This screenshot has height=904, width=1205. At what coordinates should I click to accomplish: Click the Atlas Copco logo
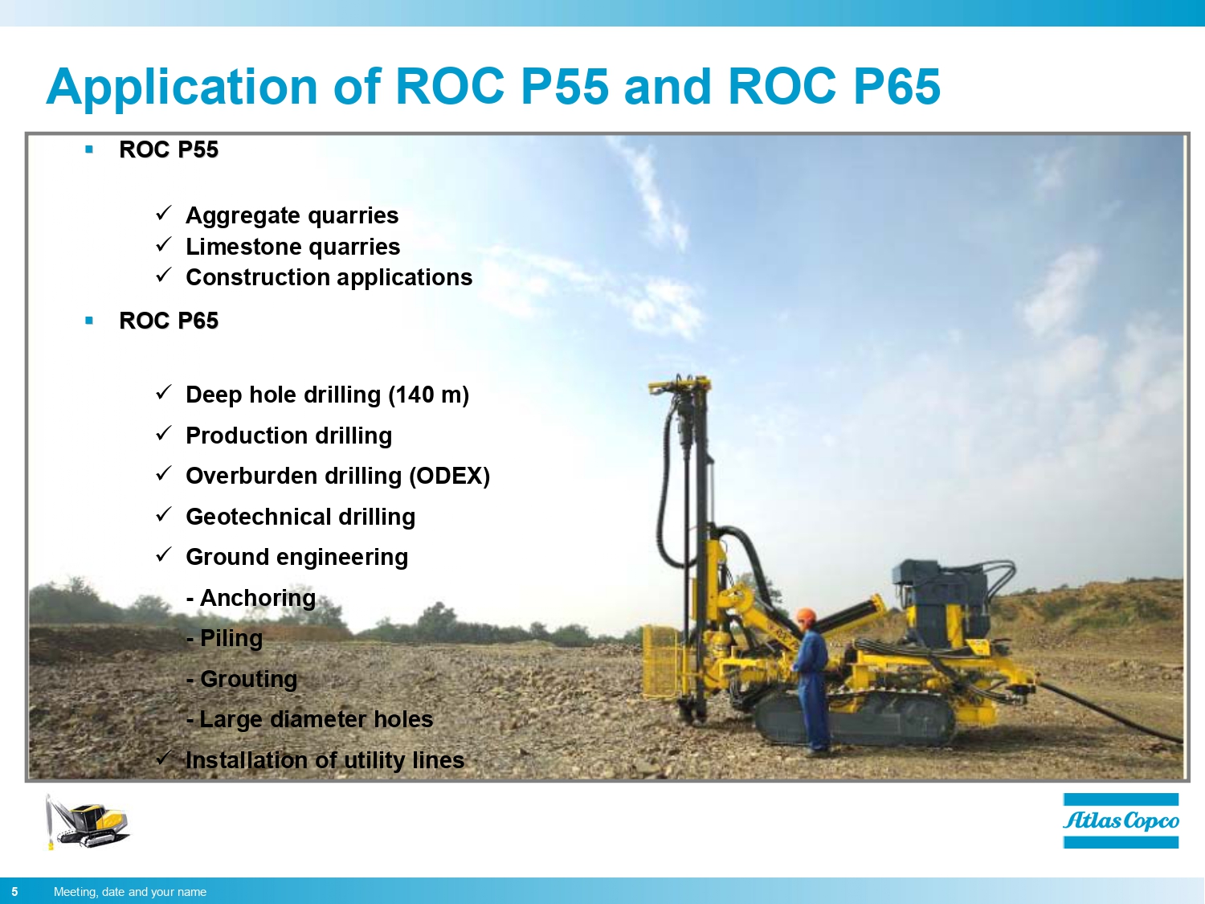[1121, 820]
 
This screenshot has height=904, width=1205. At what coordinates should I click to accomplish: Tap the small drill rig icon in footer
[87, 822]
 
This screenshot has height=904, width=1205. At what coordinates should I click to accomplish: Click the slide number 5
[14, 891]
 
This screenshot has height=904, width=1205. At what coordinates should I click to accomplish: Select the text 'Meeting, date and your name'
[130, 891]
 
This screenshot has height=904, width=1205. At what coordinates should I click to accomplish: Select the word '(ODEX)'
[449, 476]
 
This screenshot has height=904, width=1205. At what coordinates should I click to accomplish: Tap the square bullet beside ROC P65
[89, 321]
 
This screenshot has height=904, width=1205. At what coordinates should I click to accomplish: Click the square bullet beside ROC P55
[89, 149]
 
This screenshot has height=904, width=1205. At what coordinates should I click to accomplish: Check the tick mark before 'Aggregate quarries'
[164, 213]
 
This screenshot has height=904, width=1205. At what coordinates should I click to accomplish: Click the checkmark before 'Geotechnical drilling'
[164, 514]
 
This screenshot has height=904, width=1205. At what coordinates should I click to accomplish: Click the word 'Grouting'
[248, 679]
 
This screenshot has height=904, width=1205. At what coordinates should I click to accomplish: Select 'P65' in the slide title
[896, 86]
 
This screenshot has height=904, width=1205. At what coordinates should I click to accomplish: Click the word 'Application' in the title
[182, 88]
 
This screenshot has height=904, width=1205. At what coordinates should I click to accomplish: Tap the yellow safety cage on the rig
[661, 662]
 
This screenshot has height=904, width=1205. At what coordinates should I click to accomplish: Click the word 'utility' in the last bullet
[374, 760]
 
